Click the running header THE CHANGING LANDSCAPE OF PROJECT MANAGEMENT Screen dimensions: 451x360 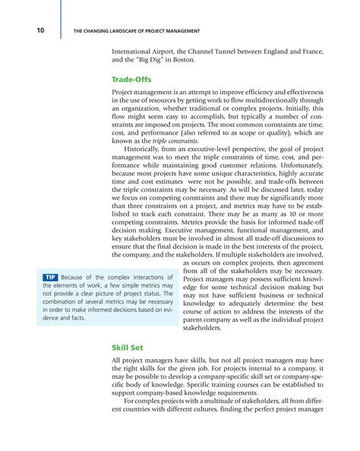(x=135, y=31)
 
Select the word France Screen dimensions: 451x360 (x=312, y=51)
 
